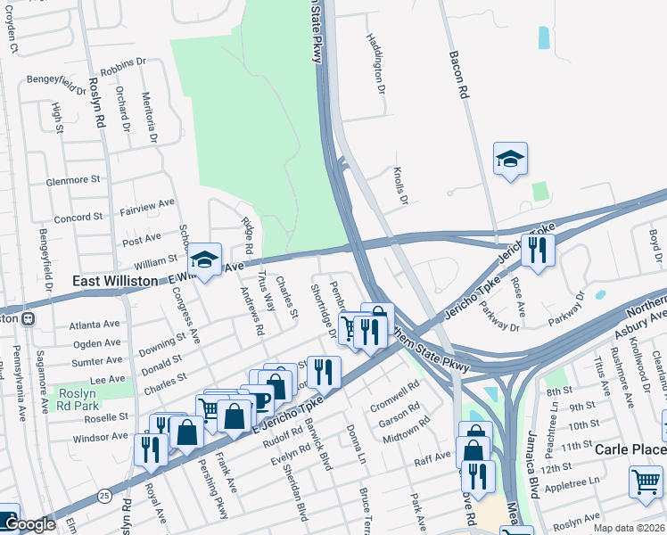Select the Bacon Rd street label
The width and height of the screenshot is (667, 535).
(x=462, y=79)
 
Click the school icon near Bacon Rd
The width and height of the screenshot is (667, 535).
(x=510, y=160)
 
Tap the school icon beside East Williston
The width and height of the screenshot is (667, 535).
(x=204, y=260)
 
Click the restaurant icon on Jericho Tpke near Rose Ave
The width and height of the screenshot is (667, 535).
(x=538, y=249)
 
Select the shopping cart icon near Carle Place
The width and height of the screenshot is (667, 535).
(x=646, y=481)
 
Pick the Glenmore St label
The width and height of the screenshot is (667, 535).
(x=73, y=179)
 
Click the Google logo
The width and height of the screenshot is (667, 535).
(x=29, y=525)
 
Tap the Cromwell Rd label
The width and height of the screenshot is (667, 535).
(x=394, y=391)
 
